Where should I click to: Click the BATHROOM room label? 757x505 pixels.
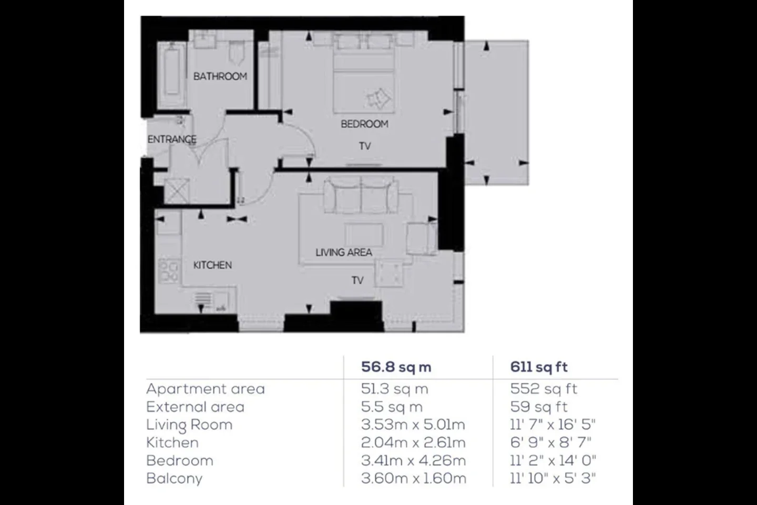220,76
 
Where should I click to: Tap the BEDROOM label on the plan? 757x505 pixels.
364,124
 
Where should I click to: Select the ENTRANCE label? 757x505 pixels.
172,139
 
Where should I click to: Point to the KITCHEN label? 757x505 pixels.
212,265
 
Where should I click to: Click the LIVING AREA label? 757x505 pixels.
344,252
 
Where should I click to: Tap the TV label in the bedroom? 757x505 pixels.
365,146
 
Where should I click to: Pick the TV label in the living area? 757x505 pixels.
357,280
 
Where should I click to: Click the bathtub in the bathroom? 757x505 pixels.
172,74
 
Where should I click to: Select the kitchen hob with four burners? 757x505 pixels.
169,270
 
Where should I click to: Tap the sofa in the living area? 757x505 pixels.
361,195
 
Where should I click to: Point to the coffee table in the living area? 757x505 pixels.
364,235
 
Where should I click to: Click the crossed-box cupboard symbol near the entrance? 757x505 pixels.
177,191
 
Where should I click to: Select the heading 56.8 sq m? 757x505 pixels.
396,367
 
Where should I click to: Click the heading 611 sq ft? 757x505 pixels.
539,367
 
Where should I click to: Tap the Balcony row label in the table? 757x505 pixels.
175,479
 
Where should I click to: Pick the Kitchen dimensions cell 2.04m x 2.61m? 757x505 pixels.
413,443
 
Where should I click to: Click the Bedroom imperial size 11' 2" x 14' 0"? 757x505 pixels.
553,461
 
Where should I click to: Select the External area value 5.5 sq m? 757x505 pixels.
392,407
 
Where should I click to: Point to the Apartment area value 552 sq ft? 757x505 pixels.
544,389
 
